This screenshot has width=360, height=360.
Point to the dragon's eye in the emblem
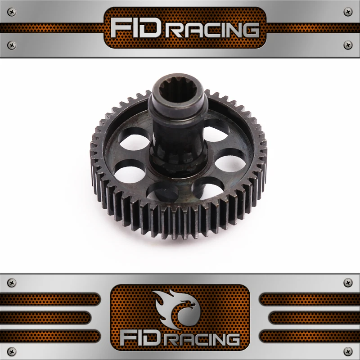click(189, 303)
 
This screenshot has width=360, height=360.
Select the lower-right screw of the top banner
click(347, 45)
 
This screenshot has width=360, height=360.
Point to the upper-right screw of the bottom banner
click(347, 283)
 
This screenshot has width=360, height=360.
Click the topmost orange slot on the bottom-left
click(49, 299)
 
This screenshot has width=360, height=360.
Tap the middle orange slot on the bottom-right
click(310, 317)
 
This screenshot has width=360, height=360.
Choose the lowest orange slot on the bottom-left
click(49, 336)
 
